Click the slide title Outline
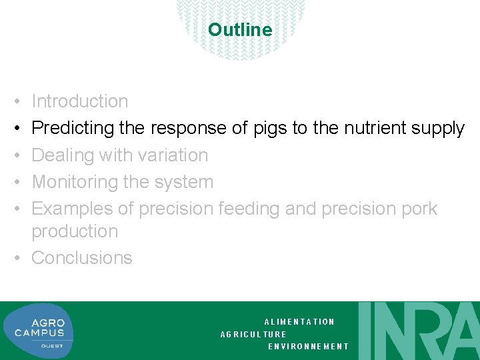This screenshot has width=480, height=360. point(240,30)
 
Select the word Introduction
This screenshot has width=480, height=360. point(80,101)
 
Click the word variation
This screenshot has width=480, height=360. point(173,155)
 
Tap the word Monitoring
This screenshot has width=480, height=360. point(73,182)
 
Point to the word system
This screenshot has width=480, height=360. point(184,182)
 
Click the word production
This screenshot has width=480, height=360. point(75,231)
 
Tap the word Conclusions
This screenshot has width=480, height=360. point(82,258)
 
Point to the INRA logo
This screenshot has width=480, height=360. point(419,331)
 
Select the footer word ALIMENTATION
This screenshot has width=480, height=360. point(299,322)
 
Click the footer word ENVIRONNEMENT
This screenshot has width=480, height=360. point(308,347)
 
